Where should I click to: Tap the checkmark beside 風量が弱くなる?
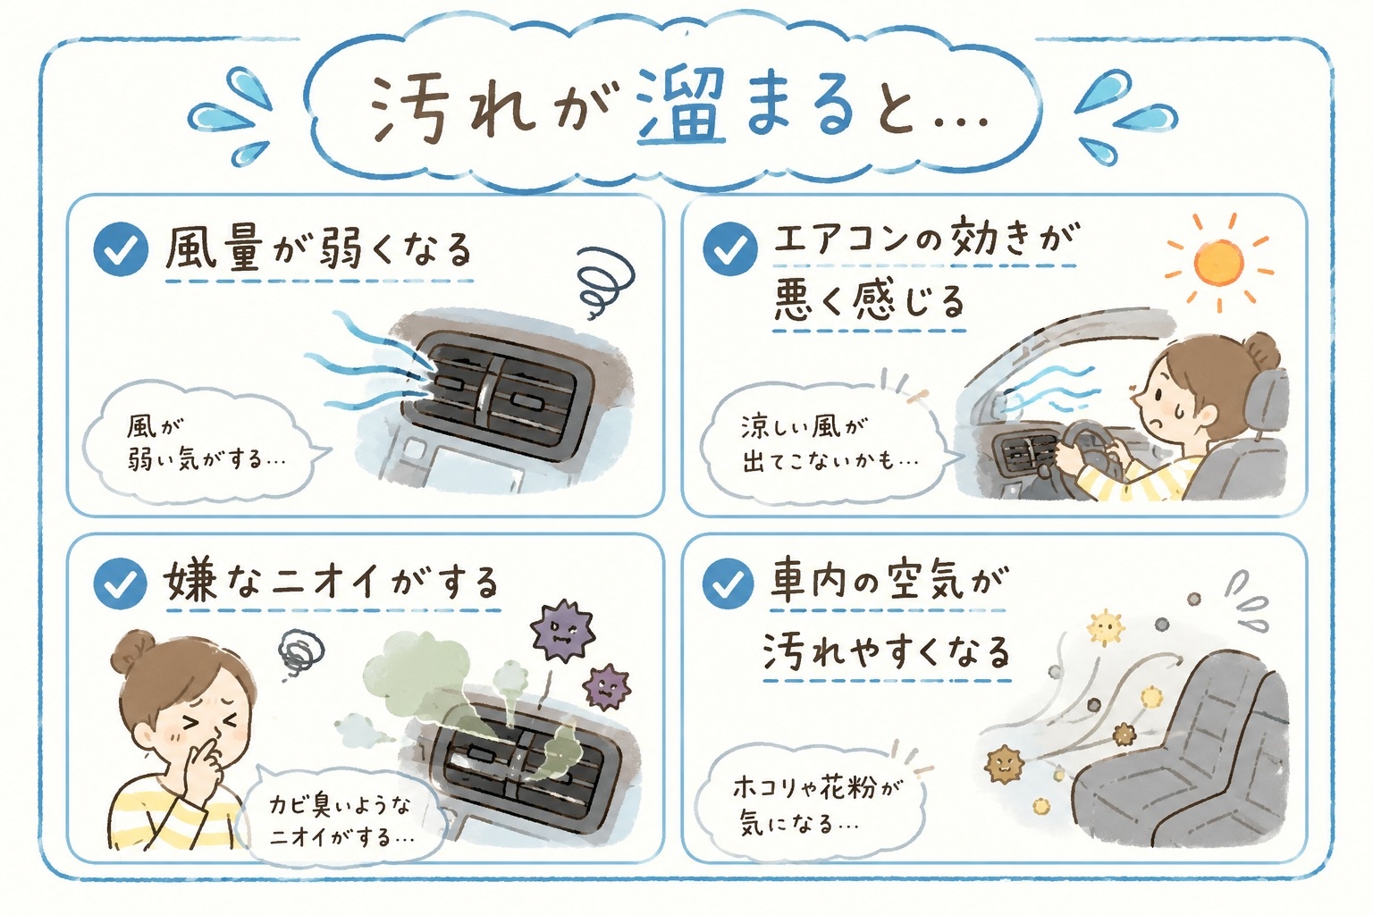[x=121, y=249]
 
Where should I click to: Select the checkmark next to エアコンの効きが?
[x=730, y=248]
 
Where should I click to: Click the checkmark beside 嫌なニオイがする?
[x=121, y=583]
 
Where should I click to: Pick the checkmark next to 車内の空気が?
[x=729, y=583]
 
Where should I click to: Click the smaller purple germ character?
[x=608, y=685]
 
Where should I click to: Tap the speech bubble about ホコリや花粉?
[x=815, y=803]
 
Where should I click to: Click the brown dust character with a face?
[x=1004, y=765]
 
